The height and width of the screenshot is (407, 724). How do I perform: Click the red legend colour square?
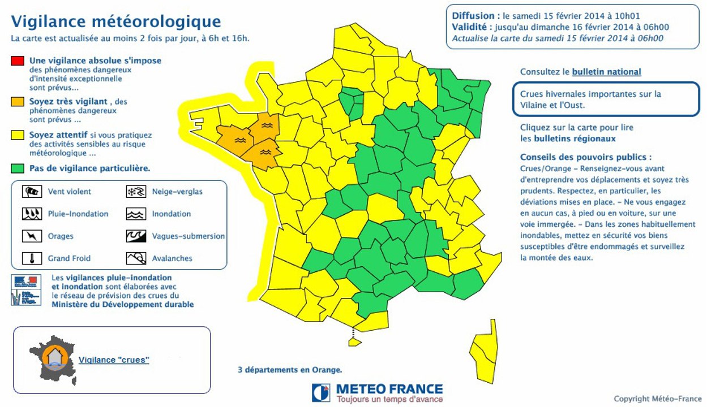click(x=17, y=60)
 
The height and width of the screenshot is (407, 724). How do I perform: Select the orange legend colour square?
click(x=17, y=102)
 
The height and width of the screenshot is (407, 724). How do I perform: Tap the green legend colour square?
click(x=17, y=168)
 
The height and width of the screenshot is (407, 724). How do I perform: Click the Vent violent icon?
click(x=32, y=192)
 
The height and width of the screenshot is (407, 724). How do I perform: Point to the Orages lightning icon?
click(x=32, y=236)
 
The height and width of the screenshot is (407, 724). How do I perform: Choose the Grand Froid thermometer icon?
click(x=32, y=258)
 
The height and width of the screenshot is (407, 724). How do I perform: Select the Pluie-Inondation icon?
click(x=32, y=214)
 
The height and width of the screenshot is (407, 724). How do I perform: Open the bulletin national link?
click(x=606, y=72)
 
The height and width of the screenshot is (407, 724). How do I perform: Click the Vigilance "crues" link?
click(x=114, y=360)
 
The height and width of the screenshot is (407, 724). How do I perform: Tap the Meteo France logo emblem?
click(x=321, y=392)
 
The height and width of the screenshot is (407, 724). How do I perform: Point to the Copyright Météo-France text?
click(x=657, y=399)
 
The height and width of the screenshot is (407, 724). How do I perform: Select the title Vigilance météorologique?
click(x=116, y=21)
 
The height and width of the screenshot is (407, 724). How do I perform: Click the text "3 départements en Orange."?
click(x=290, y=370)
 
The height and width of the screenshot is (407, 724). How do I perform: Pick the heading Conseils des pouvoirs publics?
click(x=586, y=157)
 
